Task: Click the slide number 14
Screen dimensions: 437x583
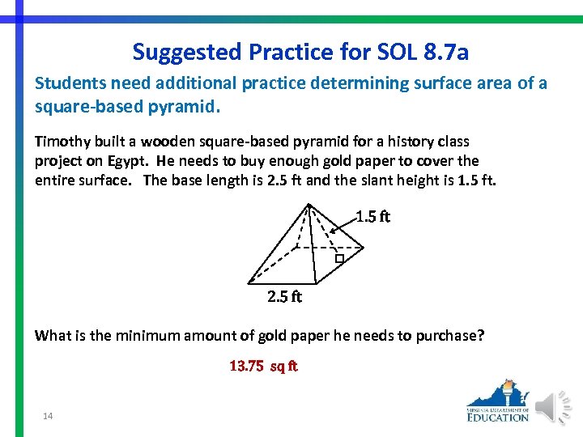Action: pos(48,416)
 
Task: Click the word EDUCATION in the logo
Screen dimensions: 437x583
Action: pos(498,417)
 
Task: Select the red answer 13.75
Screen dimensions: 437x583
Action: pos(246,366)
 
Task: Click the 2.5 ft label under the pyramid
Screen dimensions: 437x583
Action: pos(284,297)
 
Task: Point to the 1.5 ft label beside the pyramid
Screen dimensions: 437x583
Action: pos(373,217)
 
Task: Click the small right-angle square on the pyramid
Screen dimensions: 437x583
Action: pos(340,259)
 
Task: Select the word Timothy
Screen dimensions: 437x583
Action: pos(62,142)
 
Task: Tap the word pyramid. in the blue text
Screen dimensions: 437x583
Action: pos(192,106)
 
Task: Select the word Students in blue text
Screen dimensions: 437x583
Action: pos(67,83)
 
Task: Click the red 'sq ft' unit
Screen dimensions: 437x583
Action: pos(283,366)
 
